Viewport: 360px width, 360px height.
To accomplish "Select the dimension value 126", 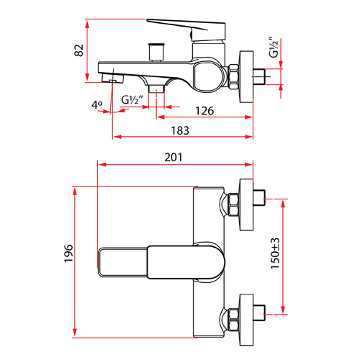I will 205,110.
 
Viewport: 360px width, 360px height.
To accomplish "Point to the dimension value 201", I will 173,157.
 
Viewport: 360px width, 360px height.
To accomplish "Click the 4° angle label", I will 98,105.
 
